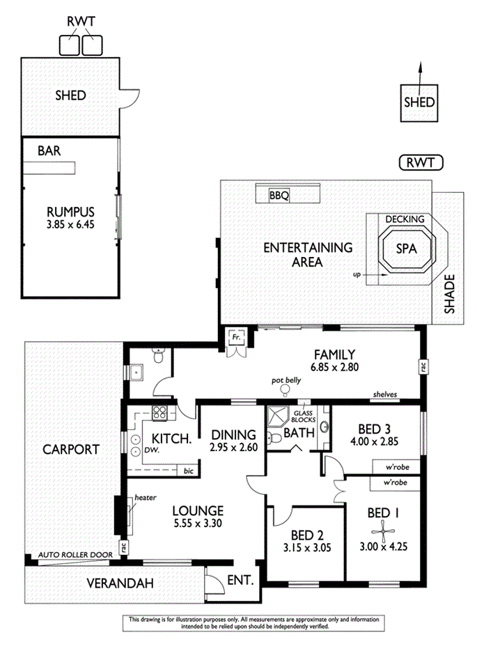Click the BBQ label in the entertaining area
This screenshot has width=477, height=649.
279,195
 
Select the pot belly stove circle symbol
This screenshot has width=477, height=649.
286,389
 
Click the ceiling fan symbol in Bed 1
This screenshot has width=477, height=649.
383,531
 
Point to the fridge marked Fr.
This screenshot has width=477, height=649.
237,338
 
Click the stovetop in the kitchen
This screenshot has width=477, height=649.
159,413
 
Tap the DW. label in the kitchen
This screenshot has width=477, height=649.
152,450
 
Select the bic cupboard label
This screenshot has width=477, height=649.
189,471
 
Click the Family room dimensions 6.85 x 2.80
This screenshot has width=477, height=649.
334,367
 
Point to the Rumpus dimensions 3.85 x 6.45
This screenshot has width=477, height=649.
70,224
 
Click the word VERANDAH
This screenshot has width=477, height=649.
120,583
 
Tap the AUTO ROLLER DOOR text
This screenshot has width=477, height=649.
75,554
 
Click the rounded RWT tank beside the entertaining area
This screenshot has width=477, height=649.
421,163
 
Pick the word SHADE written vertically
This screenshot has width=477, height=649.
449,294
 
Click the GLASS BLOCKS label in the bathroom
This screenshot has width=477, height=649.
303,416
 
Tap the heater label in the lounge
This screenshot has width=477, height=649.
146,497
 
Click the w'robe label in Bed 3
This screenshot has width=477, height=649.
398,467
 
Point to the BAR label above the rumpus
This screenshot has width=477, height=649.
49,150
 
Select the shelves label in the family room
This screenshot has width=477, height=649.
385,394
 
